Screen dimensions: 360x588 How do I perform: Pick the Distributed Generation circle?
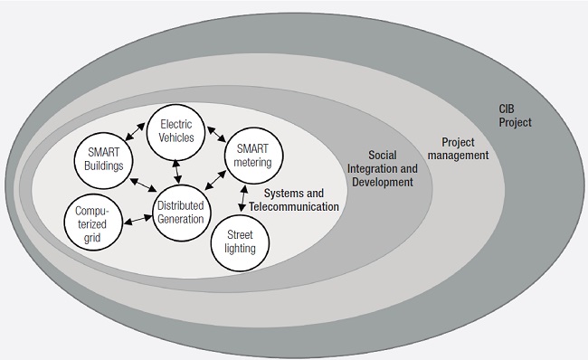[x=180, y=213]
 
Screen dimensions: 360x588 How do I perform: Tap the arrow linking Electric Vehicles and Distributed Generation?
[x=176, y=168]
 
